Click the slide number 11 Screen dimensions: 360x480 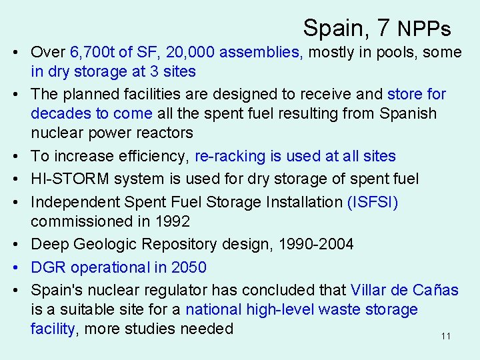446,336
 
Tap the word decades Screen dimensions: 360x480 62,113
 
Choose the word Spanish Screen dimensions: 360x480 408,113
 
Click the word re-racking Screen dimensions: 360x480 230,157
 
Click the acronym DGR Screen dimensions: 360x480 48,267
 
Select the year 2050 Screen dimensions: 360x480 189,267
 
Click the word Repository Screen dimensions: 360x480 167,244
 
